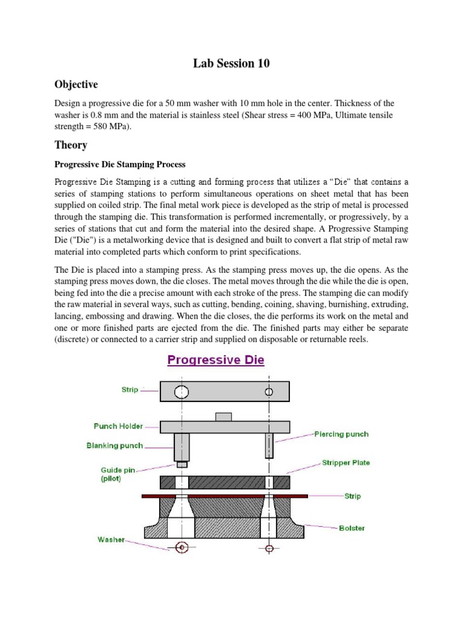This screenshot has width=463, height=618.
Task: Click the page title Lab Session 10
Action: click(231, 63)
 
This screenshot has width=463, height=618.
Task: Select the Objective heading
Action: click(76, 84)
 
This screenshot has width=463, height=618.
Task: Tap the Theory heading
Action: click(71, 145)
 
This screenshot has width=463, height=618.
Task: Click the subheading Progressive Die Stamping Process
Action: click(120, 164)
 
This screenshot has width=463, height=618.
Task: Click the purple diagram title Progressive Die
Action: click(215, 360)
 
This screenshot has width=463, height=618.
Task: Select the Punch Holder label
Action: click(118, 426)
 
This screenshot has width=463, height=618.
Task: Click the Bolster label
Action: click(351, 528)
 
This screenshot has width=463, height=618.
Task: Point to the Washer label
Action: click(111, 540)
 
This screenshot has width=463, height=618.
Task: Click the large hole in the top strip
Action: click(181, 392)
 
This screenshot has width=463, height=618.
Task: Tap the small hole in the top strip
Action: click(269, 392)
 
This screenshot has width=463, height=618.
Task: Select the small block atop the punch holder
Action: click(224, 416)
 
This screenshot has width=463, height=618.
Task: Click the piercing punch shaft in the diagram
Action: click(269, 446)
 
